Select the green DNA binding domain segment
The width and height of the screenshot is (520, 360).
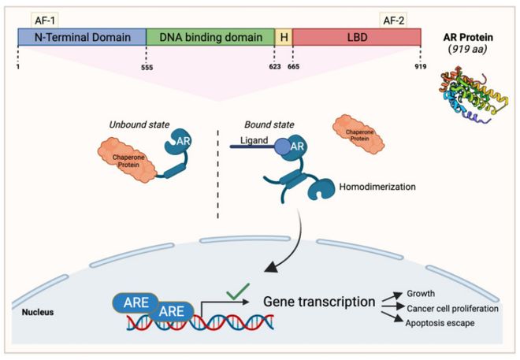coord(210,36)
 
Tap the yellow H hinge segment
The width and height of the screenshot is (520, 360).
coord(283,36)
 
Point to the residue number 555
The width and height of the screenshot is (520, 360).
coord(147,67)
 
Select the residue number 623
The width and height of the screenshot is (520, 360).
coord(274,67)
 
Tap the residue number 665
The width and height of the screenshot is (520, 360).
coord(293,67)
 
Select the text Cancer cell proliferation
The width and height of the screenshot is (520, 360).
coord(453,308)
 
